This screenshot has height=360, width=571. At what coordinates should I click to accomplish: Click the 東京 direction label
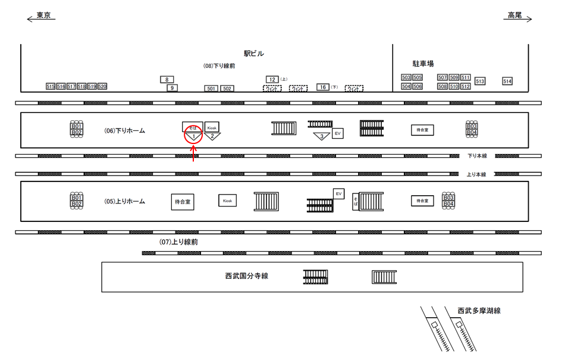(43, 15)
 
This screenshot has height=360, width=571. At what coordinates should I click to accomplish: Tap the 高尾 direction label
(514, 15)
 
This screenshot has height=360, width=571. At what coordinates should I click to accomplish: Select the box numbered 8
(167, 79)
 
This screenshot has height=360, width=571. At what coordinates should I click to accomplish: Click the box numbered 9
(172, 88)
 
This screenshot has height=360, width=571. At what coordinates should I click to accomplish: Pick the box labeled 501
(211, 89)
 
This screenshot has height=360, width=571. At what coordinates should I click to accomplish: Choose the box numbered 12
(272, 79)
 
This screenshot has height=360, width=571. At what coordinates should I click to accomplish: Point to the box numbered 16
(323, 87)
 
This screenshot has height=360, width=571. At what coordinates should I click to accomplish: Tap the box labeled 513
(480, 81)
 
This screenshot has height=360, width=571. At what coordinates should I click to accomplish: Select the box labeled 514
(507, 81)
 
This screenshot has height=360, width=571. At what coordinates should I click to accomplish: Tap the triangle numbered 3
(322, 136)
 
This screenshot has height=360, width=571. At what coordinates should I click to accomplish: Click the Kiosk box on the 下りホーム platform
(212, 127)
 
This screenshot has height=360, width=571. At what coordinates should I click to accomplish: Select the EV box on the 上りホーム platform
(338, 194)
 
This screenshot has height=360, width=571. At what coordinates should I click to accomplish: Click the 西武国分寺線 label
(246, 276)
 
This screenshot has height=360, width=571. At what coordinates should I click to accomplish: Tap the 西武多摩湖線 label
(479, 311)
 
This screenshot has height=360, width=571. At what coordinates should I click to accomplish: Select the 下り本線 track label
(477, 156)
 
